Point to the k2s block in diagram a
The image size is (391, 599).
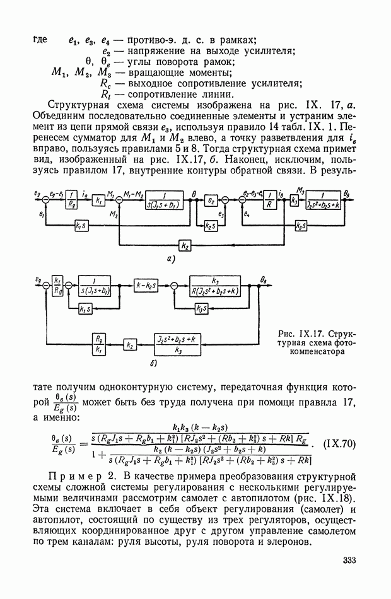click(x=207, y=225)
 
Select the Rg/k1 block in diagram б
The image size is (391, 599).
click(x=98, y=342)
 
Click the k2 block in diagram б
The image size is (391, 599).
click(x=129, y=345)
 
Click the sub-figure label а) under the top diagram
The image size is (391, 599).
click(x=171, y=259)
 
